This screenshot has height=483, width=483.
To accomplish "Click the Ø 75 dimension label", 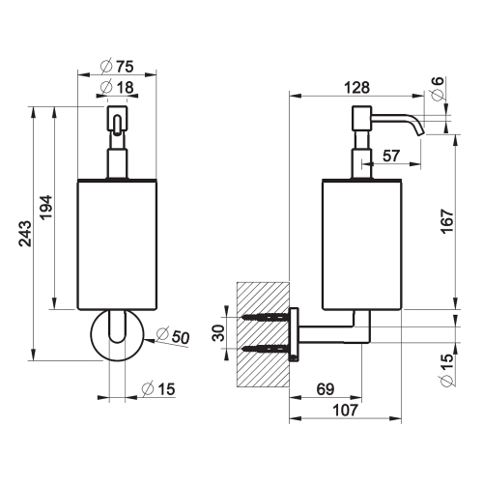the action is pyautogui.click(x=117, y=67).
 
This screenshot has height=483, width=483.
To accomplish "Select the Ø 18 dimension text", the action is pyautogui.click(x=117, y=87).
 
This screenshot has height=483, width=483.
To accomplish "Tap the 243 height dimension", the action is pyautogui.click(x=25, y=234).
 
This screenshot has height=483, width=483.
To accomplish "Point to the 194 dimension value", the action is pyautogui.click(x=45, y=207).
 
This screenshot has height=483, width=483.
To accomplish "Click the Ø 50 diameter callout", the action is pyautogui.click(x=173, y=336).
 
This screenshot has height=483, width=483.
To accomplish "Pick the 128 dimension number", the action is pyautogui.click(x=356, y=88).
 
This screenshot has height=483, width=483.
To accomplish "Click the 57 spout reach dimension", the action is pyautogui.click(x=391, y=156).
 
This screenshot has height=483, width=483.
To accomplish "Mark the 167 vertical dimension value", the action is pyautogui.click(x=446, y=221).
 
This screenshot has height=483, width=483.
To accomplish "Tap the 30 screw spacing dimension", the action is pyautogui.click(x=219, y=332).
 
